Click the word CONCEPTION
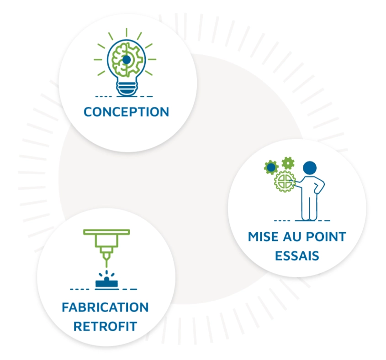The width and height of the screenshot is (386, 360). coord(127,112)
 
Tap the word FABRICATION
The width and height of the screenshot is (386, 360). coord(105,307)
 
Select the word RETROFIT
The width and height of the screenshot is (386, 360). coord(106,327)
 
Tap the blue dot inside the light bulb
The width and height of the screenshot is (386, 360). coord(126,59)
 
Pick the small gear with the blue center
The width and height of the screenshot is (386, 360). coord(271,167)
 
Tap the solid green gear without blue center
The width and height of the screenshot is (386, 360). coord(288,162)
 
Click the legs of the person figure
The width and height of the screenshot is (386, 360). coord(309,208)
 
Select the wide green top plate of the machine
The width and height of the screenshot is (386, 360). coord(106,232)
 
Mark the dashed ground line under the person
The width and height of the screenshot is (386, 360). coord(301,221)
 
